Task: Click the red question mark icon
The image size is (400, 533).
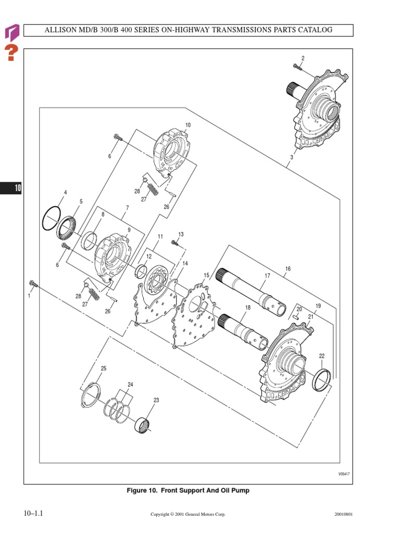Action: coord(11,53)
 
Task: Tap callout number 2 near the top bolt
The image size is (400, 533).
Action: coord(303,58)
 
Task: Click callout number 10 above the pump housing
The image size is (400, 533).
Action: coord(188,125)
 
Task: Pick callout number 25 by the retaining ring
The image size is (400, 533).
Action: coord(103,369)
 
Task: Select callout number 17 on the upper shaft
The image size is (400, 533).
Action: coord(268,276)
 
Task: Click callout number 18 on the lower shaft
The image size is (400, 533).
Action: coord(248,308)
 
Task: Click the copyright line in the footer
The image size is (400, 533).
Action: coord(188,514)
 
